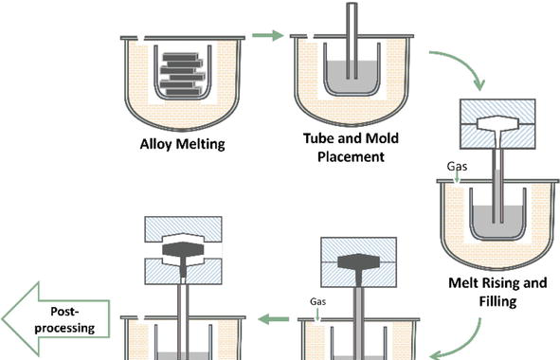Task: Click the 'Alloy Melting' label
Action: [x=183, y=144]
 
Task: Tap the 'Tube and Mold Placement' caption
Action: [x=351, y=148]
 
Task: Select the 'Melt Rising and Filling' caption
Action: [x=497, y=292]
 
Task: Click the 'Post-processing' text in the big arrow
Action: [x=64, y=319]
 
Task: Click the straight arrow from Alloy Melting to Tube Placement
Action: [x=268, y=35]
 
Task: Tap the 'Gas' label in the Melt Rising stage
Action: [x=457, y=167]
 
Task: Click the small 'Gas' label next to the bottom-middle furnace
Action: [x=317, y=302]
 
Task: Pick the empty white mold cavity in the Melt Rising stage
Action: [x=497, y=123]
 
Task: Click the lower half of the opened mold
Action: [x=183, y=272]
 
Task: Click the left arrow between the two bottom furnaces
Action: [x=274, y=319]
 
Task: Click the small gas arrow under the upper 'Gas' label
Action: [x=457, y=177]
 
